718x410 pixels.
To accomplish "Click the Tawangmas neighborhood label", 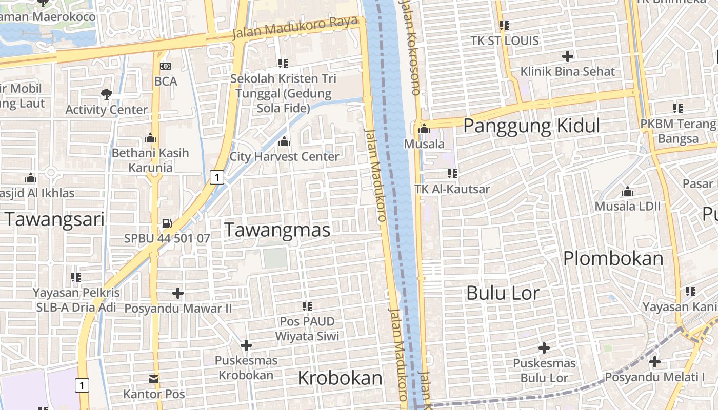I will coord(277,230).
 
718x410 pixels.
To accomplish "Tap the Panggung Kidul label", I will coord(531,126).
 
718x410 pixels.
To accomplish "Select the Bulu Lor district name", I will coord(503,293).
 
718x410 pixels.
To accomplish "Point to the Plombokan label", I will coord(613,258).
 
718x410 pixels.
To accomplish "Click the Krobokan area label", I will coord(340,378).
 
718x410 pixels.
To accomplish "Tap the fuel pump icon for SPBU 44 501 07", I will coord(167,223).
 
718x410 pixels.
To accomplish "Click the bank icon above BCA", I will coord(165,66).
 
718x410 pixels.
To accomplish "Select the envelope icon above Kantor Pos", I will coord(154,379).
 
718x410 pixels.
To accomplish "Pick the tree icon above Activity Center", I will coord(106,94).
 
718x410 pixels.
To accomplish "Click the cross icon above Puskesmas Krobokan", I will coord(246,345).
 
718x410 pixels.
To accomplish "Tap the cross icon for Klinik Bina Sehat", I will coord(567,56).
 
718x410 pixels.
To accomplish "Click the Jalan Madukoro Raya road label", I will coord(294,28).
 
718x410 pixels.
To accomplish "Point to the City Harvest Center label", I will coord(284,156).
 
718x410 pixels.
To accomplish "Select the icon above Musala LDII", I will coord(627,192).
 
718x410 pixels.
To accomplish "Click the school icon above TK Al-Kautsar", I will coord(452,173).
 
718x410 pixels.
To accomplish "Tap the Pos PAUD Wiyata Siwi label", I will coord(307,329).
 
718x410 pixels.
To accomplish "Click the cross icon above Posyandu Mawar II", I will coord(178,293).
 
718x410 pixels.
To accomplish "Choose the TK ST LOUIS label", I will coord(505,40).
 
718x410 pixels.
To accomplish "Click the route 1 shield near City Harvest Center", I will coord(217,177).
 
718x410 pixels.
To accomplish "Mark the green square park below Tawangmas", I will coord(275,258).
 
